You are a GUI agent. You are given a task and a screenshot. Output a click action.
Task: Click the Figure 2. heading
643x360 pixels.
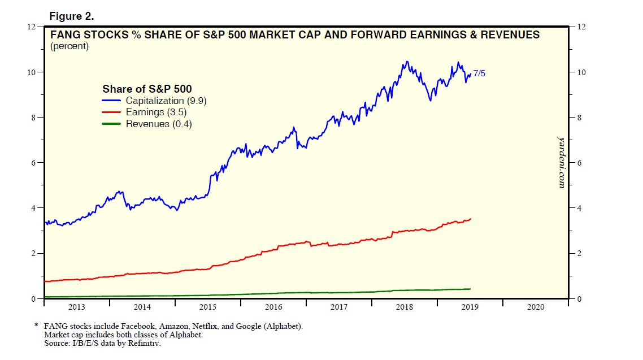(71, 16)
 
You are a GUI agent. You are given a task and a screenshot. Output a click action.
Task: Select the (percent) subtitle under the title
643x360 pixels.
(69, 46)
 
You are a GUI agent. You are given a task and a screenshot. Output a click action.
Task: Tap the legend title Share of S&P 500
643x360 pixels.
(147, 89)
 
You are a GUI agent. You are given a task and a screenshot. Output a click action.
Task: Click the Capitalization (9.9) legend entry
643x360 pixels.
(160, 101)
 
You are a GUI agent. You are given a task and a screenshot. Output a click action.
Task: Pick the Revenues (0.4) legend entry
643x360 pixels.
(159, 124)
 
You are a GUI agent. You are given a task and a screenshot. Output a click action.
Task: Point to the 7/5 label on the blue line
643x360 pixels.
(480, 73)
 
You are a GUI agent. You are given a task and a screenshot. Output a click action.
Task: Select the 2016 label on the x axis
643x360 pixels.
(273, 307)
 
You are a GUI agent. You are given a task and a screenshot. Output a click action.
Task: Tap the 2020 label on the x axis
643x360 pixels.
(535, 307)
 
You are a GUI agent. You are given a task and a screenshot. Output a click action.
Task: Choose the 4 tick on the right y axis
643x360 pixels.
(578, 208)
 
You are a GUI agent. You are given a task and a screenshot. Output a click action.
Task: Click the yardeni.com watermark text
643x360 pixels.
(561, 162)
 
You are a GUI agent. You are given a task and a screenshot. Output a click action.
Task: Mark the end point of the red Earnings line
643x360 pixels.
(471, 219)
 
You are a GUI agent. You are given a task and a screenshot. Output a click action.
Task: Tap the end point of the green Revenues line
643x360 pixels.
(471, 289)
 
